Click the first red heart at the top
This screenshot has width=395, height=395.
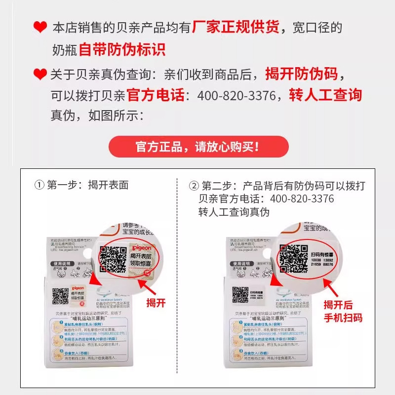click(40, 28)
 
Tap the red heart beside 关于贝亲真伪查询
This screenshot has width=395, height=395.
click(40, 75)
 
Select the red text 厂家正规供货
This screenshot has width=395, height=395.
click(236, 27)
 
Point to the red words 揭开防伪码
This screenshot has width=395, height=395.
click(302, 74)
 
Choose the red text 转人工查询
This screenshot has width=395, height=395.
click(326, 95)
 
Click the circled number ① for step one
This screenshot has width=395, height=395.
click(39, 186)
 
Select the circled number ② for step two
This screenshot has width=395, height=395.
click(194, 186)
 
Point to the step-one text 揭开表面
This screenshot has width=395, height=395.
click(108, 186)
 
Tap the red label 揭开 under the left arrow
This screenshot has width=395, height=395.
click(156, 303)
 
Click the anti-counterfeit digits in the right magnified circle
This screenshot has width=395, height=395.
click(322, 262)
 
